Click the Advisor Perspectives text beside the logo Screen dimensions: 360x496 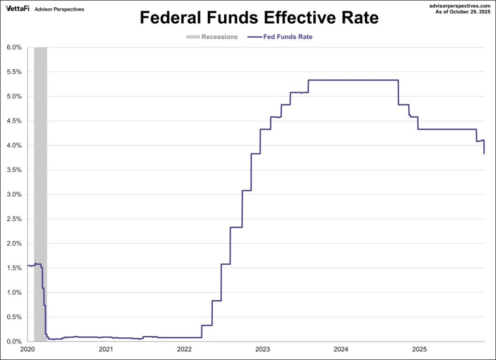(60, 9)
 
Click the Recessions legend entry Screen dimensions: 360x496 (212, 37)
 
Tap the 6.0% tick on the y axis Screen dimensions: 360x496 (14, 47)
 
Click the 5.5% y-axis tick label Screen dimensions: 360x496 (14, 72)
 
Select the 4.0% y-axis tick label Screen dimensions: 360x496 (14, 145)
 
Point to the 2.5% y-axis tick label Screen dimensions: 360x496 (14, 219)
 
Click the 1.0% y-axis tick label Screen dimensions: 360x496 (14, 292)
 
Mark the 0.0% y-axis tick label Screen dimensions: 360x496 (14, 342)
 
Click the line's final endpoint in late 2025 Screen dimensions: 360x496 (484, 154)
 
